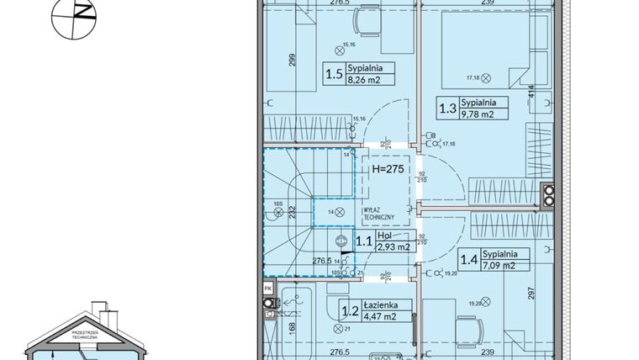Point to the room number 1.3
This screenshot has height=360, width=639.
[x=446, y=109]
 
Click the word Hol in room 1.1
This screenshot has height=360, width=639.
[x=384, y=237]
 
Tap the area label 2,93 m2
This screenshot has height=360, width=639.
[x=393, y=247]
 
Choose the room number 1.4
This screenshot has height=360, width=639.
[x=469, y=260]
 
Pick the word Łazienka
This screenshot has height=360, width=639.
[x=388, y=305]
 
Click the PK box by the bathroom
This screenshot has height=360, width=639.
[x=268, y=289]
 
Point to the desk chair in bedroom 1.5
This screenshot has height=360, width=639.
[x=366, y=19]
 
